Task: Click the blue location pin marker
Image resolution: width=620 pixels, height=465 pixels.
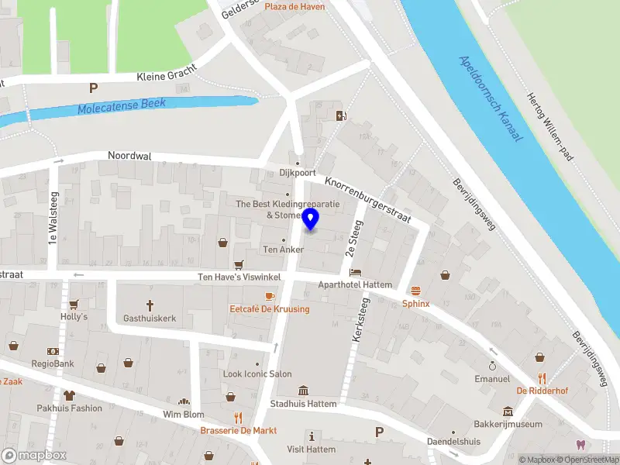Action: (311, 219)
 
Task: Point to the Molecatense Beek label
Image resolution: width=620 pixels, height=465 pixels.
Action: (122, 107)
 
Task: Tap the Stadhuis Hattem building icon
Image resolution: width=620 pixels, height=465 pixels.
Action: (303, 390)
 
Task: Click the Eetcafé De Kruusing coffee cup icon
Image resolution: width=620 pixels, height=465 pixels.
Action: (270, 296)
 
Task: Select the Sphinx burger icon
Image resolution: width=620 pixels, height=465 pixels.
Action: (415, 291)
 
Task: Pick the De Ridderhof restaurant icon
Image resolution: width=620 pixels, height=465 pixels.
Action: (542, 378)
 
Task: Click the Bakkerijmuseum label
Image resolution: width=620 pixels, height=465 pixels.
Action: (508, 425)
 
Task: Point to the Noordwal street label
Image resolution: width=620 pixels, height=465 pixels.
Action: (129, 156)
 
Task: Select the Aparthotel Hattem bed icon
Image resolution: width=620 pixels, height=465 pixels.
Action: (356, 273)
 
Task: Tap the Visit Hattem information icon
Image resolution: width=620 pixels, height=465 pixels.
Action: (312, 436)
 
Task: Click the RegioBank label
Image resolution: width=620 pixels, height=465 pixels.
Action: (53, 363)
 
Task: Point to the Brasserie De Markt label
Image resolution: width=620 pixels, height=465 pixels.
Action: (239, 430)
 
